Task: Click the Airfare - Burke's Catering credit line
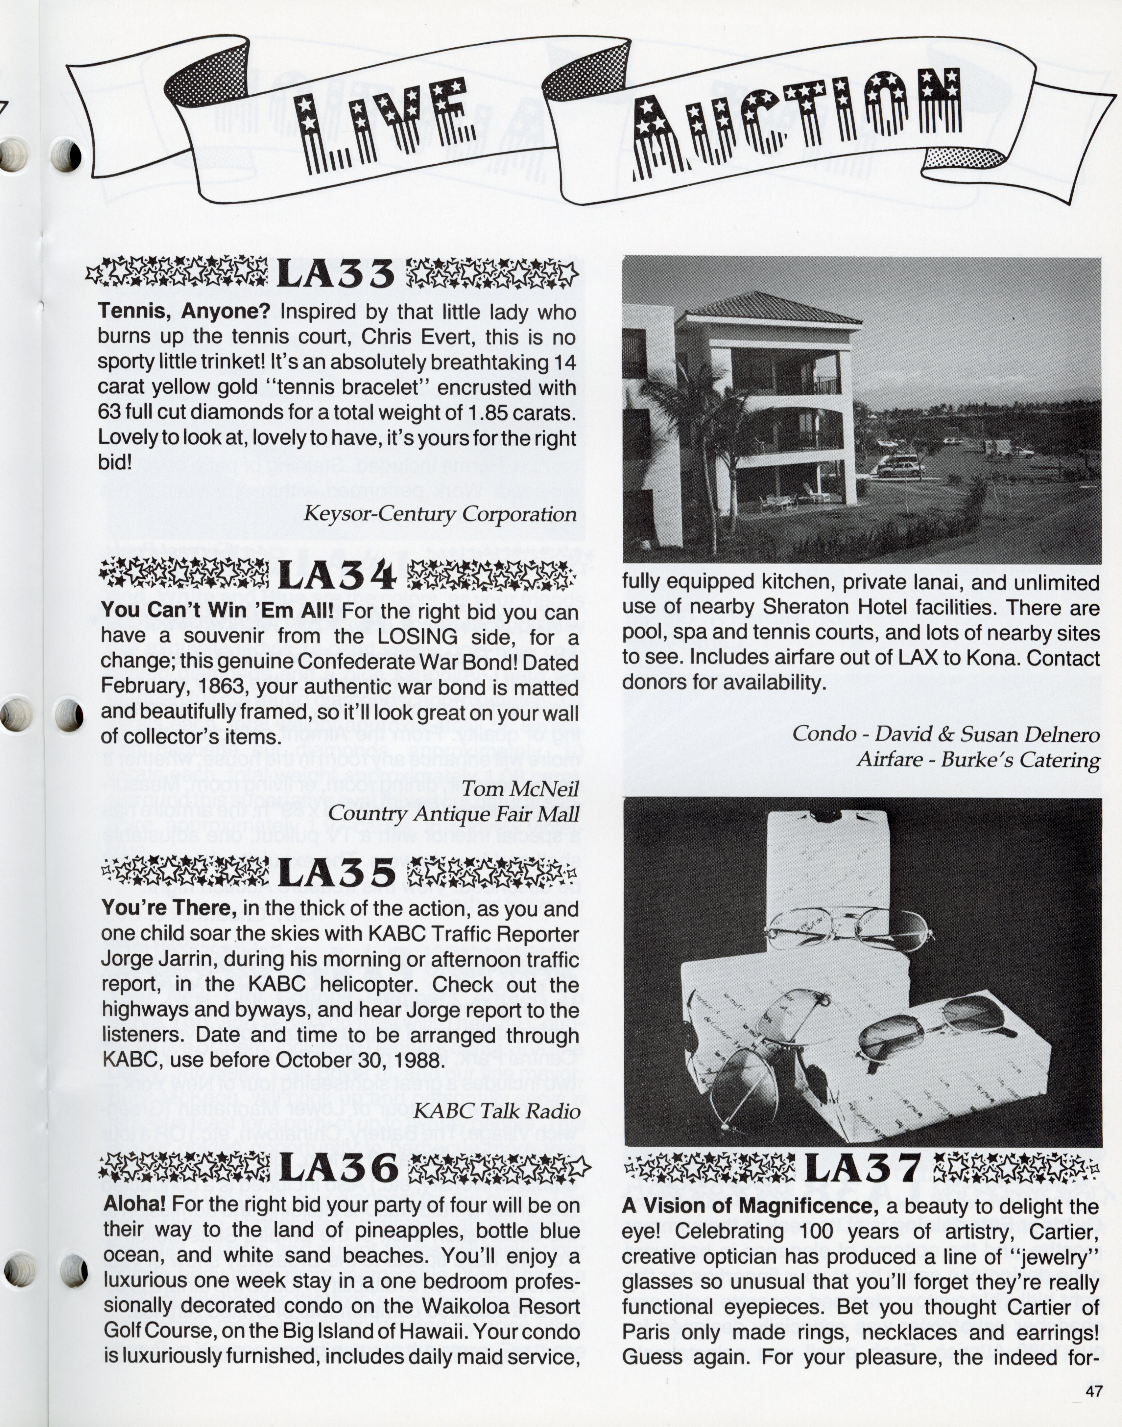[977, 760]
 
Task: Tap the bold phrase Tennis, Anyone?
[184, 311]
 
